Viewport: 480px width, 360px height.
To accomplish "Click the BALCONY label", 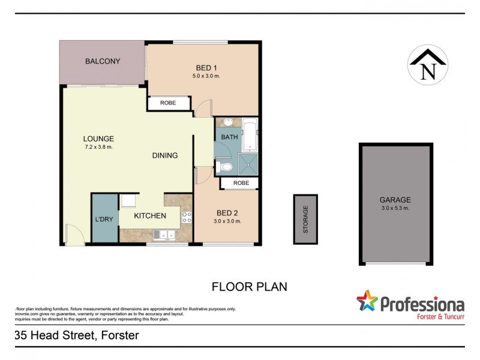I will tap(103, 61).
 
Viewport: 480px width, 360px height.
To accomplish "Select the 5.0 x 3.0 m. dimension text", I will tap(206, 76).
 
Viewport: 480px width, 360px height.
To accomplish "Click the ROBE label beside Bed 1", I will tap(168, 103).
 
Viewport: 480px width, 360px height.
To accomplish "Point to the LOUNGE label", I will tap(98, 139).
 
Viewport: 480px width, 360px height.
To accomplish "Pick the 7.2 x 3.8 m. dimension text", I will tap(98, 147).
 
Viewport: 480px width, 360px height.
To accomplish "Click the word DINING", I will tap(165, 155).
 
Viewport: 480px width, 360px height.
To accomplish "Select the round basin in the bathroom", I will tap(227, 122).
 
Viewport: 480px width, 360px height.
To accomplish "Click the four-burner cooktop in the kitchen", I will tap(186, 217).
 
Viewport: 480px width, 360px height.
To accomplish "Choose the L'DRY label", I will tap(105, 220).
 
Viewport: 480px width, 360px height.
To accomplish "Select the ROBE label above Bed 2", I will tap(241, 183).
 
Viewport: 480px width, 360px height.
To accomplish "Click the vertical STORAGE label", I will tap(305, 219).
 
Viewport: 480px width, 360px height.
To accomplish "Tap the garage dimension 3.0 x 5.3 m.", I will tap(395, 208).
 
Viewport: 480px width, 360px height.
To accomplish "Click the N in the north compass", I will tap(428, 71).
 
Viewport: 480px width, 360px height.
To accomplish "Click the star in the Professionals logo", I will tap(367, 301).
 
